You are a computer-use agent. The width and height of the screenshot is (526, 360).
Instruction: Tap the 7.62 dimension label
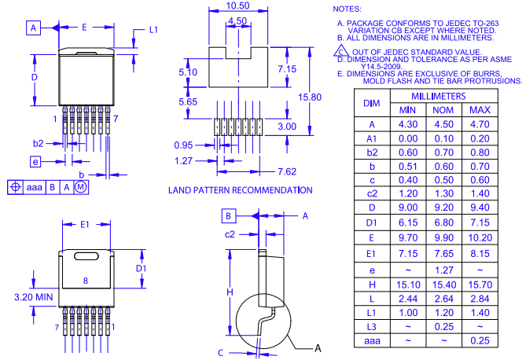coord(286,171)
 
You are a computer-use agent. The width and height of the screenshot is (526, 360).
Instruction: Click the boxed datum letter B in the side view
coord(227,215)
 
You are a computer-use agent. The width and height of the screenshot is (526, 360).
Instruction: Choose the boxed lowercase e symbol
coord(35,161)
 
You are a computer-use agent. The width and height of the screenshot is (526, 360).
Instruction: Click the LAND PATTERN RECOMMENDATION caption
coord(240,190)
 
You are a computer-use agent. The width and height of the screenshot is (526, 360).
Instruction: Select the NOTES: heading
coord(348,8)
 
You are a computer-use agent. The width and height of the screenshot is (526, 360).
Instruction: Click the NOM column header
coord(443,110)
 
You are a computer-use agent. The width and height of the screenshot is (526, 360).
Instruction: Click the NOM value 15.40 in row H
coord(443,283)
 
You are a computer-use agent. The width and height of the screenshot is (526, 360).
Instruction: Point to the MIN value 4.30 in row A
coord(407,124)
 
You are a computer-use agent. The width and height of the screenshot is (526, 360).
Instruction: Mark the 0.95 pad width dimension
coord(182,145)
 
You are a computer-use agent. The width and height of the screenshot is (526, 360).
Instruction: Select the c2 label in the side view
coord(230,233)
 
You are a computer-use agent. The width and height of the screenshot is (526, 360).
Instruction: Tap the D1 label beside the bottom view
coord(142,268)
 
